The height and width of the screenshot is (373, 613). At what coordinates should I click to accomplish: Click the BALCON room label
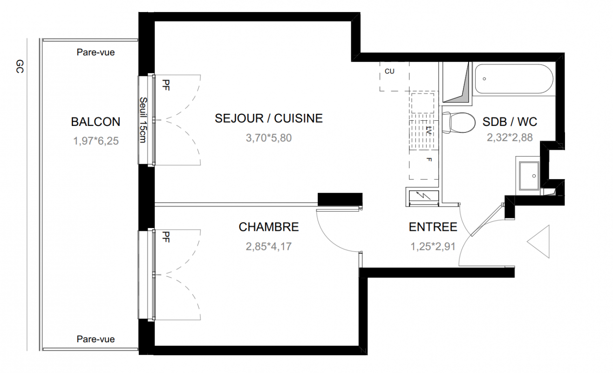95,122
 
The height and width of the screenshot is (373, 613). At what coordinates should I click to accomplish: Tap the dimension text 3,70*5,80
268,138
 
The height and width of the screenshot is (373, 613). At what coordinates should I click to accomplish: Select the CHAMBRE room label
268,227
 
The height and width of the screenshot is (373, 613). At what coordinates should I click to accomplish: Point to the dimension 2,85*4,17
268,247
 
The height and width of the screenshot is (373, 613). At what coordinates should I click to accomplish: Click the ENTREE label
433,227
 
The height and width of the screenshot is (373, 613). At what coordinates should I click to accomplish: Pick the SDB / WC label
510,122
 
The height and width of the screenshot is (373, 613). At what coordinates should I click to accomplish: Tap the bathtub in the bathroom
514,79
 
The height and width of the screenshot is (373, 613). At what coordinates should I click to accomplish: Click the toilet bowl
459,123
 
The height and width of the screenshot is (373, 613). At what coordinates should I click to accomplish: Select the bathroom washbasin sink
529,176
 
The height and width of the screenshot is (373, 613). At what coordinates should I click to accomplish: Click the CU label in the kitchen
389,71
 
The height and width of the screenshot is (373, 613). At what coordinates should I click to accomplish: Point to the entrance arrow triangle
538,242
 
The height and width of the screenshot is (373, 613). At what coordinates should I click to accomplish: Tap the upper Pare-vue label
95,52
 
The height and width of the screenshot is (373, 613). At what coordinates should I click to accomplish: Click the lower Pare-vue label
95,339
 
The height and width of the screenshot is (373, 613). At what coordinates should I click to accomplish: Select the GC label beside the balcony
20,67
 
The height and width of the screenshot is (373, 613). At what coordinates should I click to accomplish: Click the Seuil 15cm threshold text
143,120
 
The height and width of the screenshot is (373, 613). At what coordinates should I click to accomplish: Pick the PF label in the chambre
166,237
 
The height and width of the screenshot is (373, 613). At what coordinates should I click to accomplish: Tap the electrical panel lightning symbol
423,196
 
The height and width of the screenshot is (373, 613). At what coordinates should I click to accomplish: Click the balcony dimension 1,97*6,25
95,141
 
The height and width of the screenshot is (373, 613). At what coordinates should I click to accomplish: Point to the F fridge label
429,159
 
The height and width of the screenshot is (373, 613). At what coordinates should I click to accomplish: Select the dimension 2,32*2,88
510,138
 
